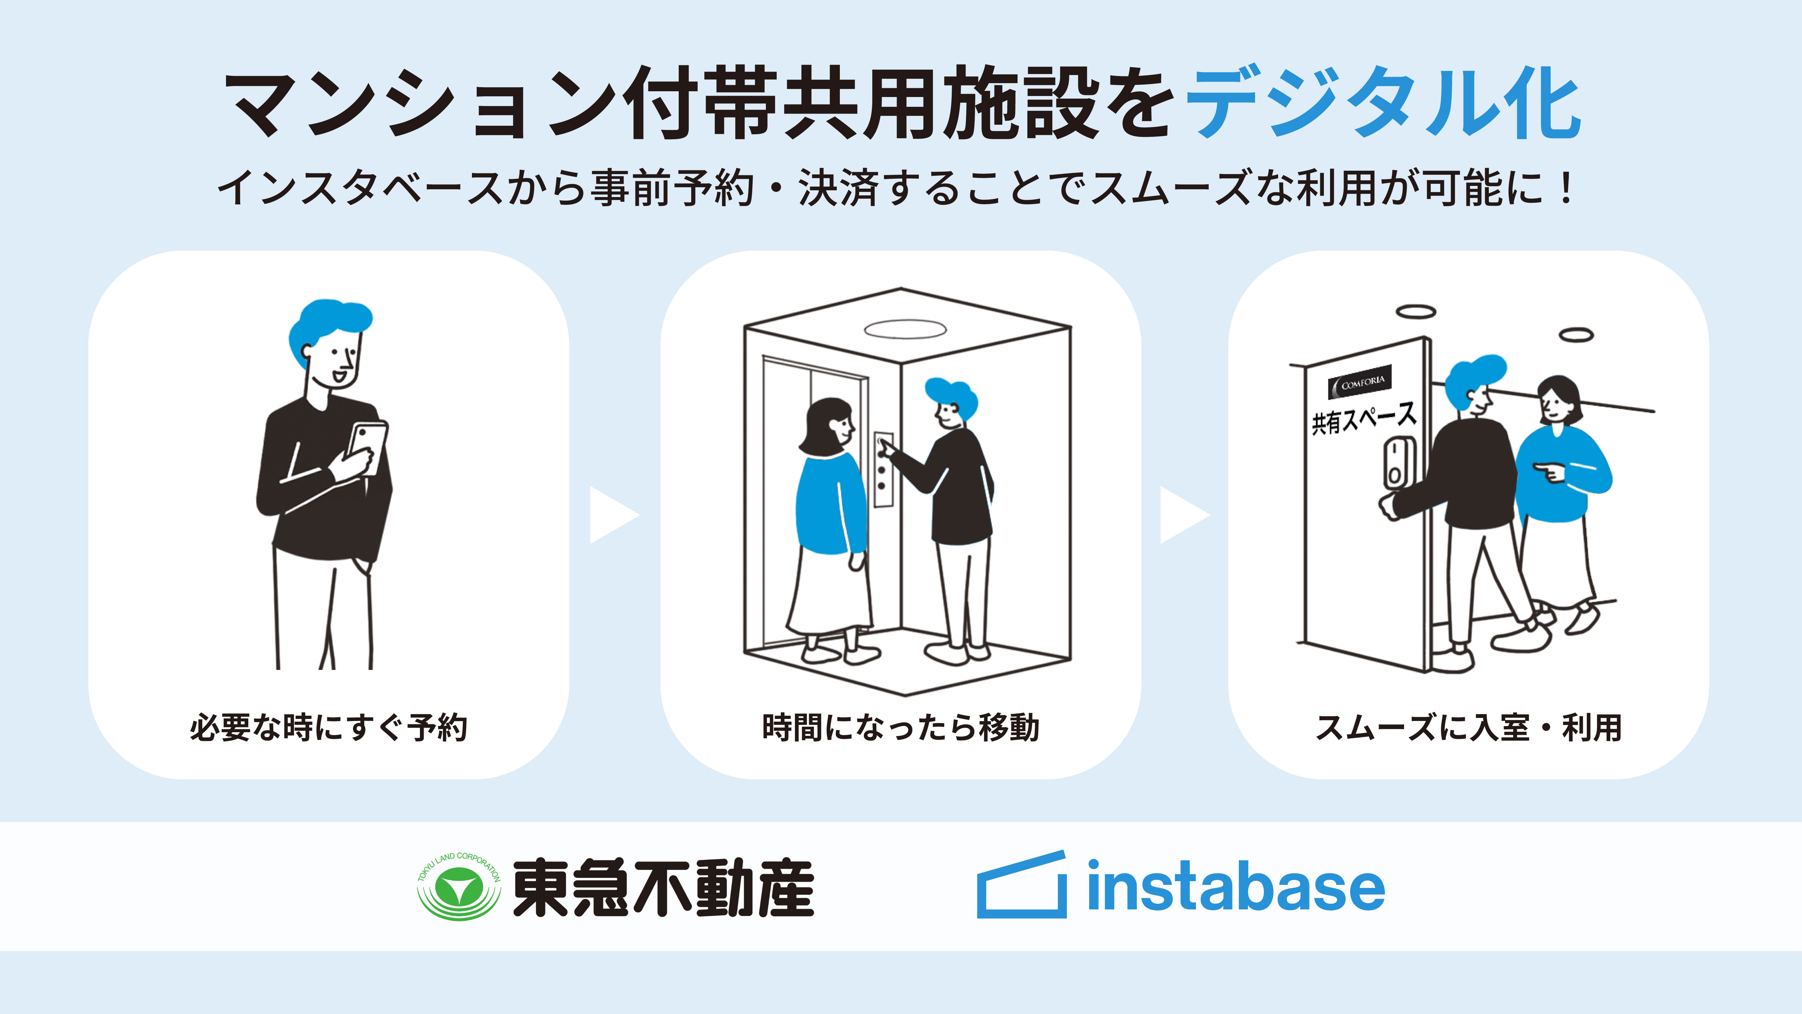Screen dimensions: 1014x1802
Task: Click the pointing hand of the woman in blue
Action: [x=1549, y=473]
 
